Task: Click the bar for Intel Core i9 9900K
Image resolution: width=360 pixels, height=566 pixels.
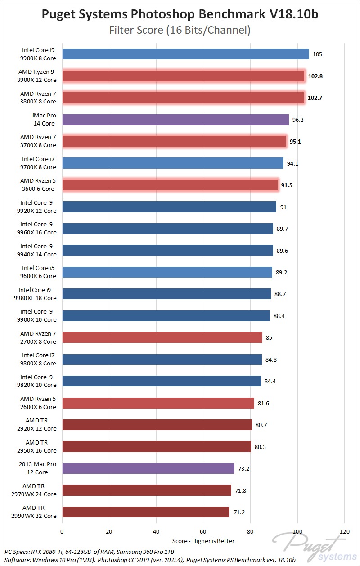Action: point(185,54)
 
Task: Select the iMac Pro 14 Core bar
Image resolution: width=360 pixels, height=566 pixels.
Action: point(175,120)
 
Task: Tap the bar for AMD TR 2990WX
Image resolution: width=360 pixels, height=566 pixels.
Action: point(146,512)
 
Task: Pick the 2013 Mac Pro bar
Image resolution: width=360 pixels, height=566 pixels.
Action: point(148,468)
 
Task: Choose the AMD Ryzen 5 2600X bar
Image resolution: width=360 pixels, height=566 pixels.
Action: point(158,403)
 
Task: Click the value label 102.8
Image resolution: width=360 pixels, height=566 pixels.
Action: point(315,76)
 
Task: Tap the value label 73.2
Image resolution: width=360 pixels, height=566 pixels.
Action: point(243,469)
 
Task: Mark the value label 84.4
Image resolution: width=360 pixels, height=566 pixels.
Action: point(270,382)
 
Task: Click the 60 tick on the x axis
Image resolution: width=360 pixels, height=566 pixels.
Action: point(203,531)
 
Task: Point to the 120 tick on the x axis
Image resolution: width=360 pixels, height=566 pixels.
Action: point(345,531)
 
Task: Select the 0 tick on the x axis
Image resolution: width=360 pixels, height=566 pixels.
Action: point(62,531)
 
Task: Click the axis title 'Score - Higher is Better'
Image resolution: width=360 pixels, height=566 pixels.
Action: point(203,541)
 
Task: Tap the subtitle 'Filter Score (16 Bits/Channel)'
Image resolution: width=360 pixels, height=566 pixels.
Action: point(180,31)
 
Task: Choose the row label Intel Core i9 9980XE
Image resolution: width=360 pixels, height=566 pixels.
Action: point(38,294)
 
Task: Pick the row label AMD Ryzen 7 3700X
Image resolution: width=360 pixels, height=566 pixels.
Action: point(38,141)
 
